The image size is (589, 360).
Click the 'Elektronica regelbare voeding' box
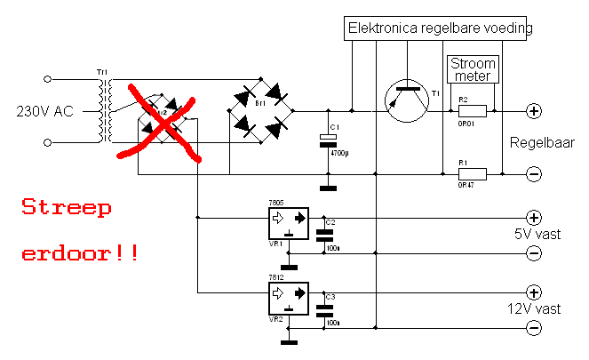click(440, 28)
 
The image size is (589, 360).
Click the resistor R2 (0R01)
click(472, 111)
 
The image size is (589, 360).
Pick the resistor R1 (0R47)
click(472, 174)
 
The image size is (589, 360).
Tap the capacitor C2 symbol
click(327, 234)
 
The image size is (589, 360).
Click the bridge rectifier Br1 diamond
click(262, 111)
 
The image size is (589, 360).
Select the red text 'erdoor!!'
click(79, 252)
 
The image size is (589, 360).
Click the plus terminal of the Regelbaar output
click(534, 111)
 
